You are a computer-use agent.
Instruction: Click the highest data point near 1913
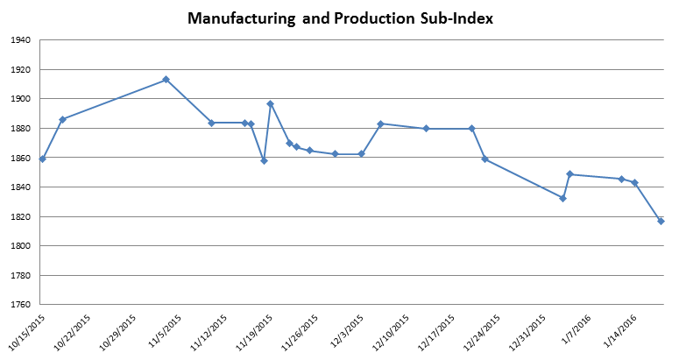166,80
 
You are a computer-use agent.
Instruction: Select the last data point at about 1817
661,221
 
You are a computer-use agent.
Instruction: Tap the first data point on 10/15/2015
42,159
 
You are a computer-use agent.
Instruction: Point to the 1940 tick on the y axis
21,40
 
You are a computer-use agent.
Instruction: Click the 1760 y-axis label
21,305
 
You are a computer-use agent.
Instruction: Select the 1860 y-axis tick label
21,158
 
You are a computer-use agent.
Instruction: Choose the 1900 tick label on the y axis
21,99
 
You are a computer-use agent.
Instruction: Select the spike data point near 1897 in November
270,103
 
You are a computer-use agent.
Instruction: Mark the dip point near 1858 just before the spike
264,160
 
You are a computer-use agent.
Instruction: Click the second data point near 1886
62,119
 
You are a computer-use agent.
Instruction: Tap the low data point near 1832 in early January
562,198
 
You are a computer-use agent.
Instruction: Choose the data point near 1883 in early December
380,124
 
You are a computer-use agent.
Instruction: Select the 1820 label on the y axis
21,216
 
